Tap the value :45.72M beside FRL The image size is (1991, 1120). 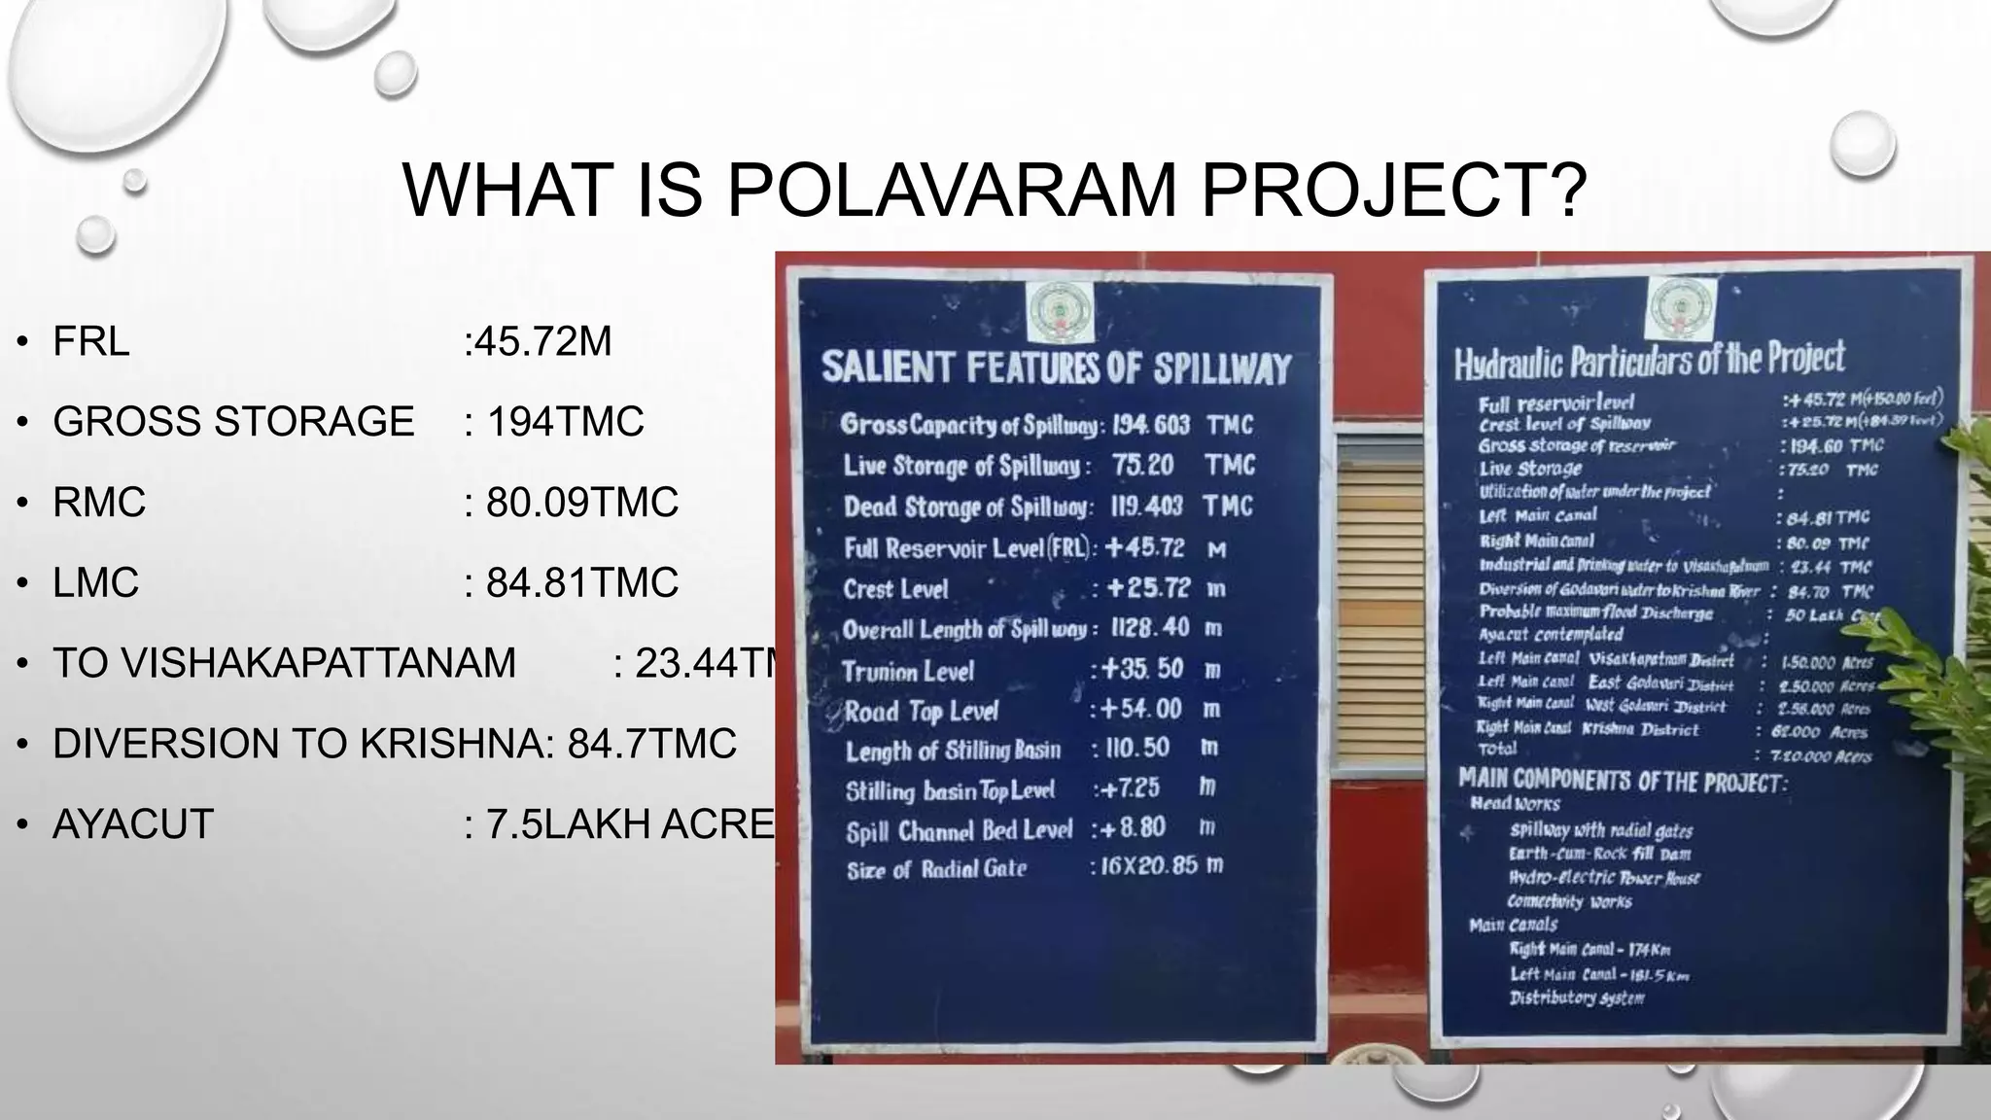coord(538,341)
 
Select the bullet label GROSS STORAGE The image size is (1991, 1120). coord(233,422)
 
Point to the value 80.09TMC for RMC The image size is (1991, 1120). coord(581,503)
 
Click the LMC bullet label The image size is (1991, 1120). coord(96,583)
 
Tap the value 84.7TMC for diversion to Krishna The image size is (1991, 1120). coord(651,744)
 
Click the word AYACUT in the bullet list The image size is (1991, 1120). coord(133,824)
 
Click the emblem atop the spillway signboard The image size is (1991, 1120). coord(1060,313)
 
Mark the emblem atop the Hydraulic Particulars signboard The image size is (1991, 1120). coord(1679,308)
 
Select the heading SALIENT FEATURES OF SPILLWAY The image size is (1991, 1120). coord(1056,368)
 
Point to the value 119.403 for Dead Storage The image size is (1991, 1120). coord(1147,507)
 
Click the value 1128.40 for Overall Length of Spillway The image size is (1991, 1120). coord(1151,628)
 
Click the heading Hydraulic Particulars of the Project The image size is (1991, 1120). coord(1649,361)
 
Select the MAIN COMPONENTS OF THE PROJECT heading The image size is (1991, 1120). coord(1622,781)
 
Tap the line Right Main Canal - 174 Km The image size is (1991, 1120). coord(1589,949)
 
